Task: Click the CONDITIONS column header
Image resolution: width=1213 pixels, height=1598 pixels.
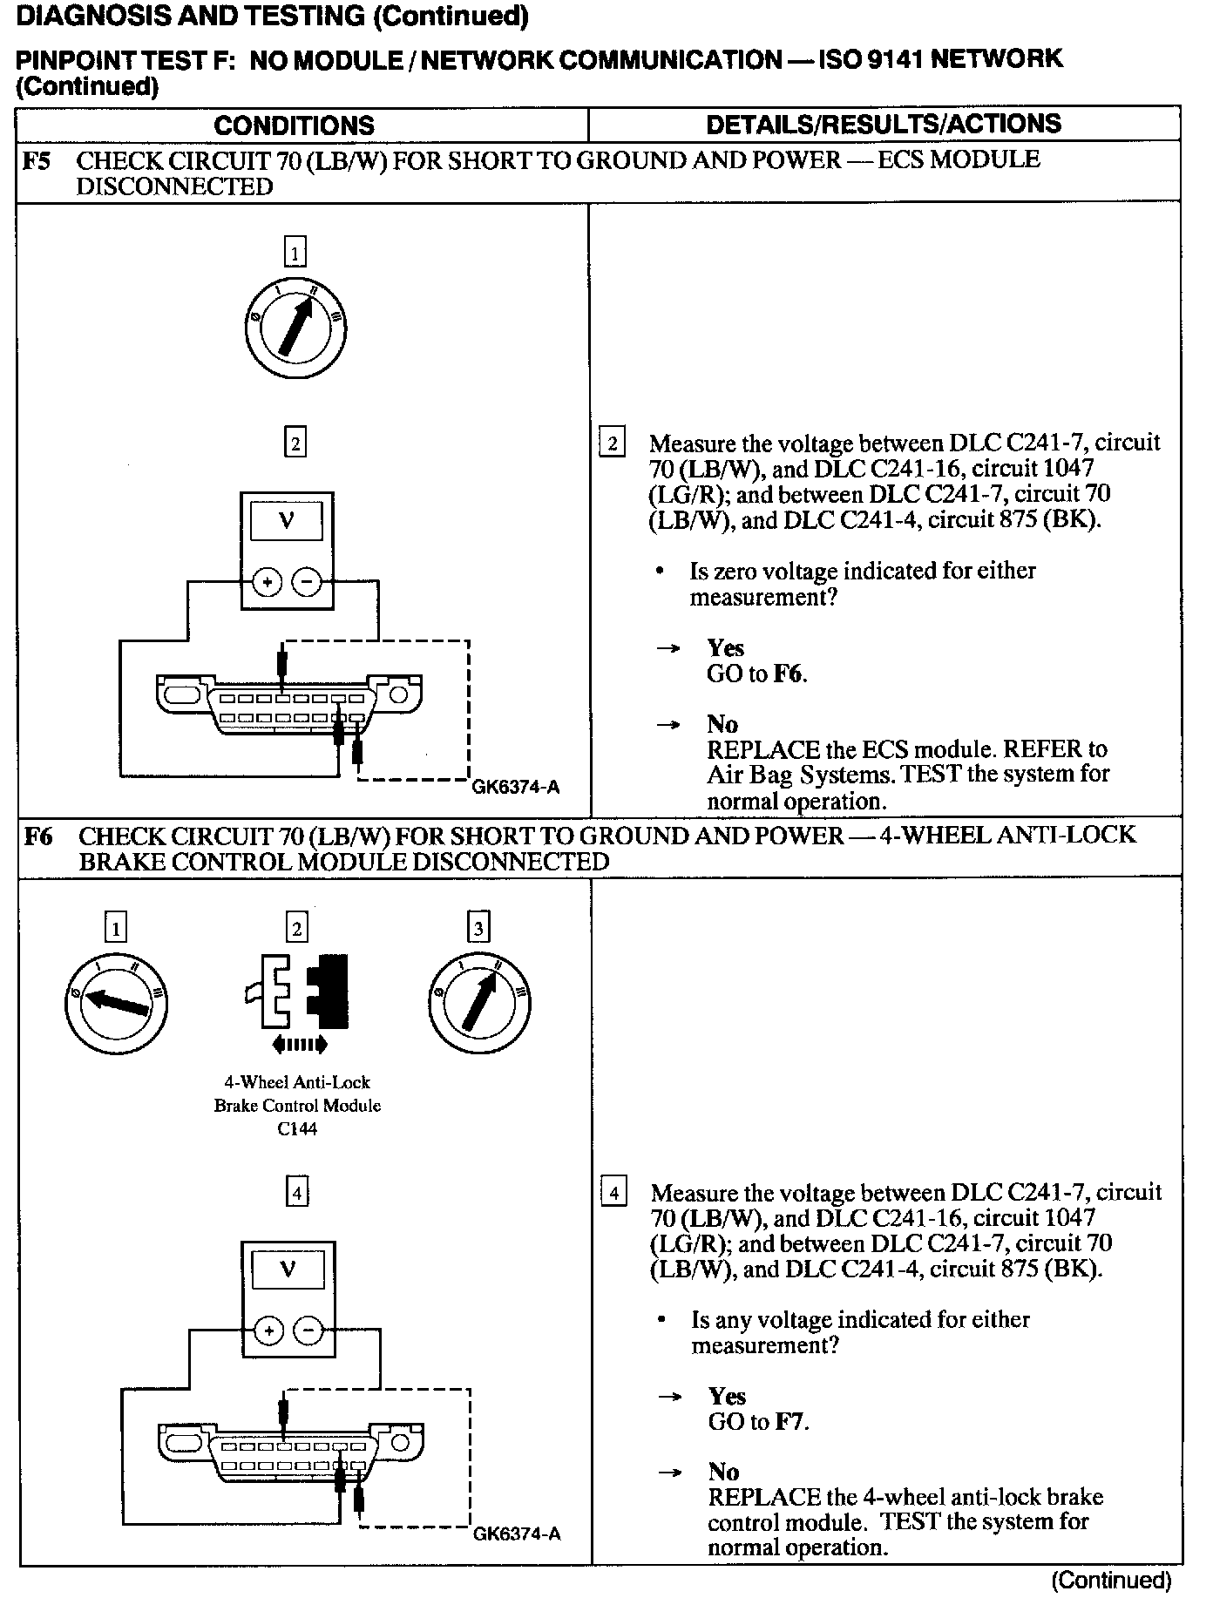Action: (294, 125)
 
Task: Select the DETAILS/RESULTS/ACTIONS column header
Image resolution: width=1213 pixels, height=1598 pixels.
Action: (884, 124)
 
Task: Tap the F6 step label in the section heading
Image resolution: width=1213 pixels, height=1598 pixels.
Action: (38, 836)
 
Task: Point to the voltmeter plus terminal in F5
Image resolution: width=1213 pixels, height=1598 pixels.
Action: (268, 581)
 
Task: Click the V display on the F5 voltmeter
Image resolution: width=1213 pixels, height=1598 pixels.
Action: (287, 521)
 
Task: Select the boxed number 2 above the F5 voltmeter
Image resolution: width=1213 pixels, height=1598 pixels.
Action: (295, 444)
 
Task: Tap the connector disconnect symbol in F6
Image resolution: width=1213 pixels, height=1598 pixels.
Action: (299, 998)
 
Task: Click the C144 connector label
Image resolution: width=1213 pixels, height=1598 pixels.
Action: (296, 1129)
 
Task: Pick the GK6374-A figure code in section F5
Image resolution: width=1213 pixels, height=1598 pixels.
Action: (515, 788)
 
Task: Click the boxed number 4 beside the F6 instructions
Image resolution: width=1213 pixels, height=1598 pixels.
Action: (614, 1192)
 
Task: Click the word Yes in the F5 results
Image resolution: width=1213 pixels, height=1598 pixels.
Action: (726, 648)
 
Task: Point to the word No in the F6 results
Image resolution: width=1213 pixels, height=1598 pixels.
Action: (723, 1472)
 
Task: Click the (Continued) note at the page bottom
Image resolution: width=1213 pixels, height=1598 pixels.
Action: (1111, 1579)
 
